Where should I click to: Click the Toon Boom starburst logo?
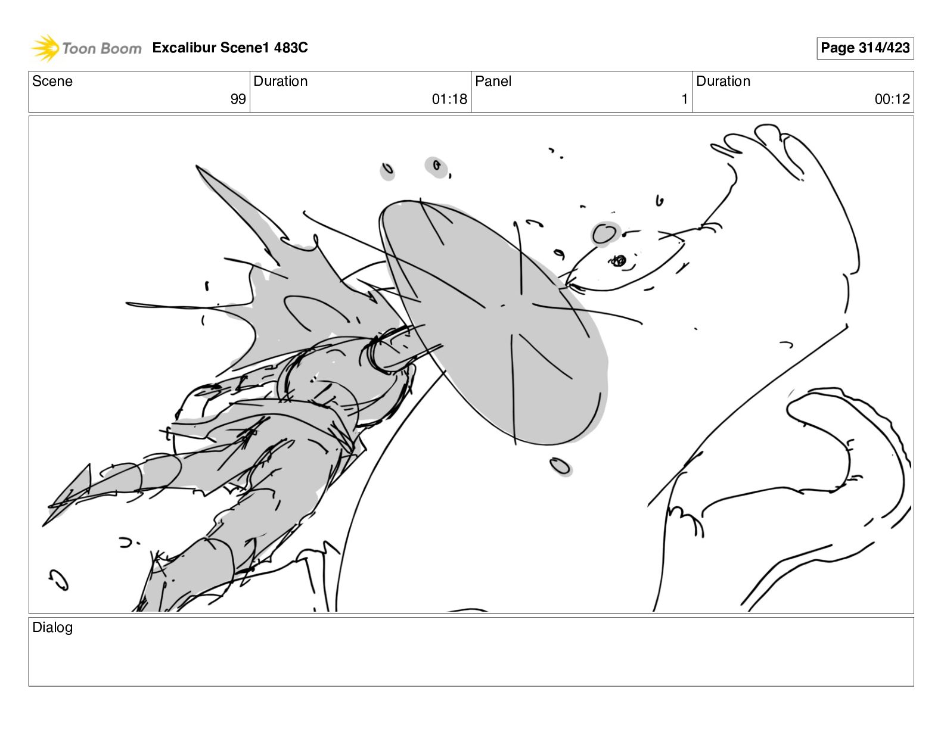point(45,48)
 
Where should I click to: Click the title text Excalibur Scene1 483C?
point(230,47)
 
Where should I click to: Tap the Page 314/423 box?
point(865,48)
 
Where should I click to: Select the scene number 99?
point(238,99)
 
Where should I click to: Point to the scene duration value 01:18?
point(449,99)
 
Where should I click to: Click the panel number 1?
point(685,99)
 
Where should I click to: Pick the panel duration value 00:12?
point(892,99)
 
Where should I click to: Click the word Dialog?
point(52,627)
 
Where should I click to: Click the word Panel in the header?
point(493,81)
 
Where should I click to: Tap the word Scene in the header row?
point(52,81)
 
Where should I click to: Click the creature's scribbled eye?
point(618,261)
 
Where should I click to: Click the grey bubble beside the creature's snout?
point(605,234)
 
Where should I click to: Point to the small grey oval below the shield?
point(560,466)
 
